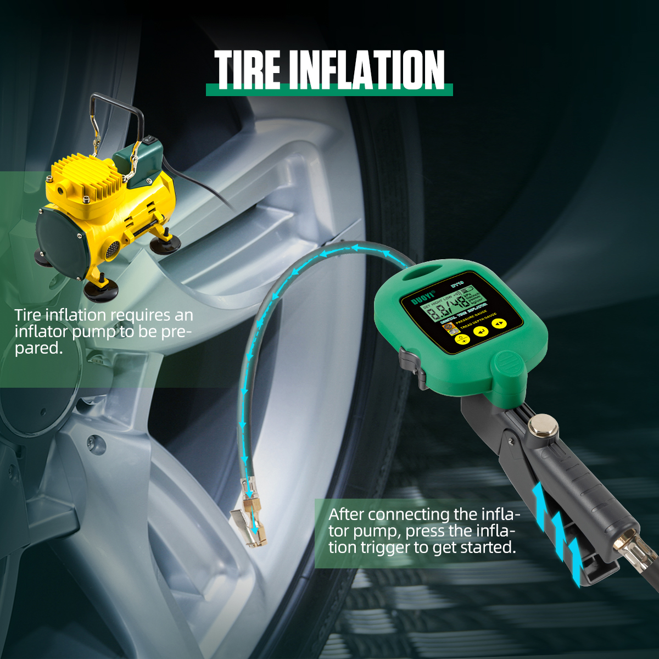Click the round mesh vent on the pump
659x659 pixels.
point(111,250)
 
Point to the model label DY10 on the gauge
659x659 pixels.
point(457,284)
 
